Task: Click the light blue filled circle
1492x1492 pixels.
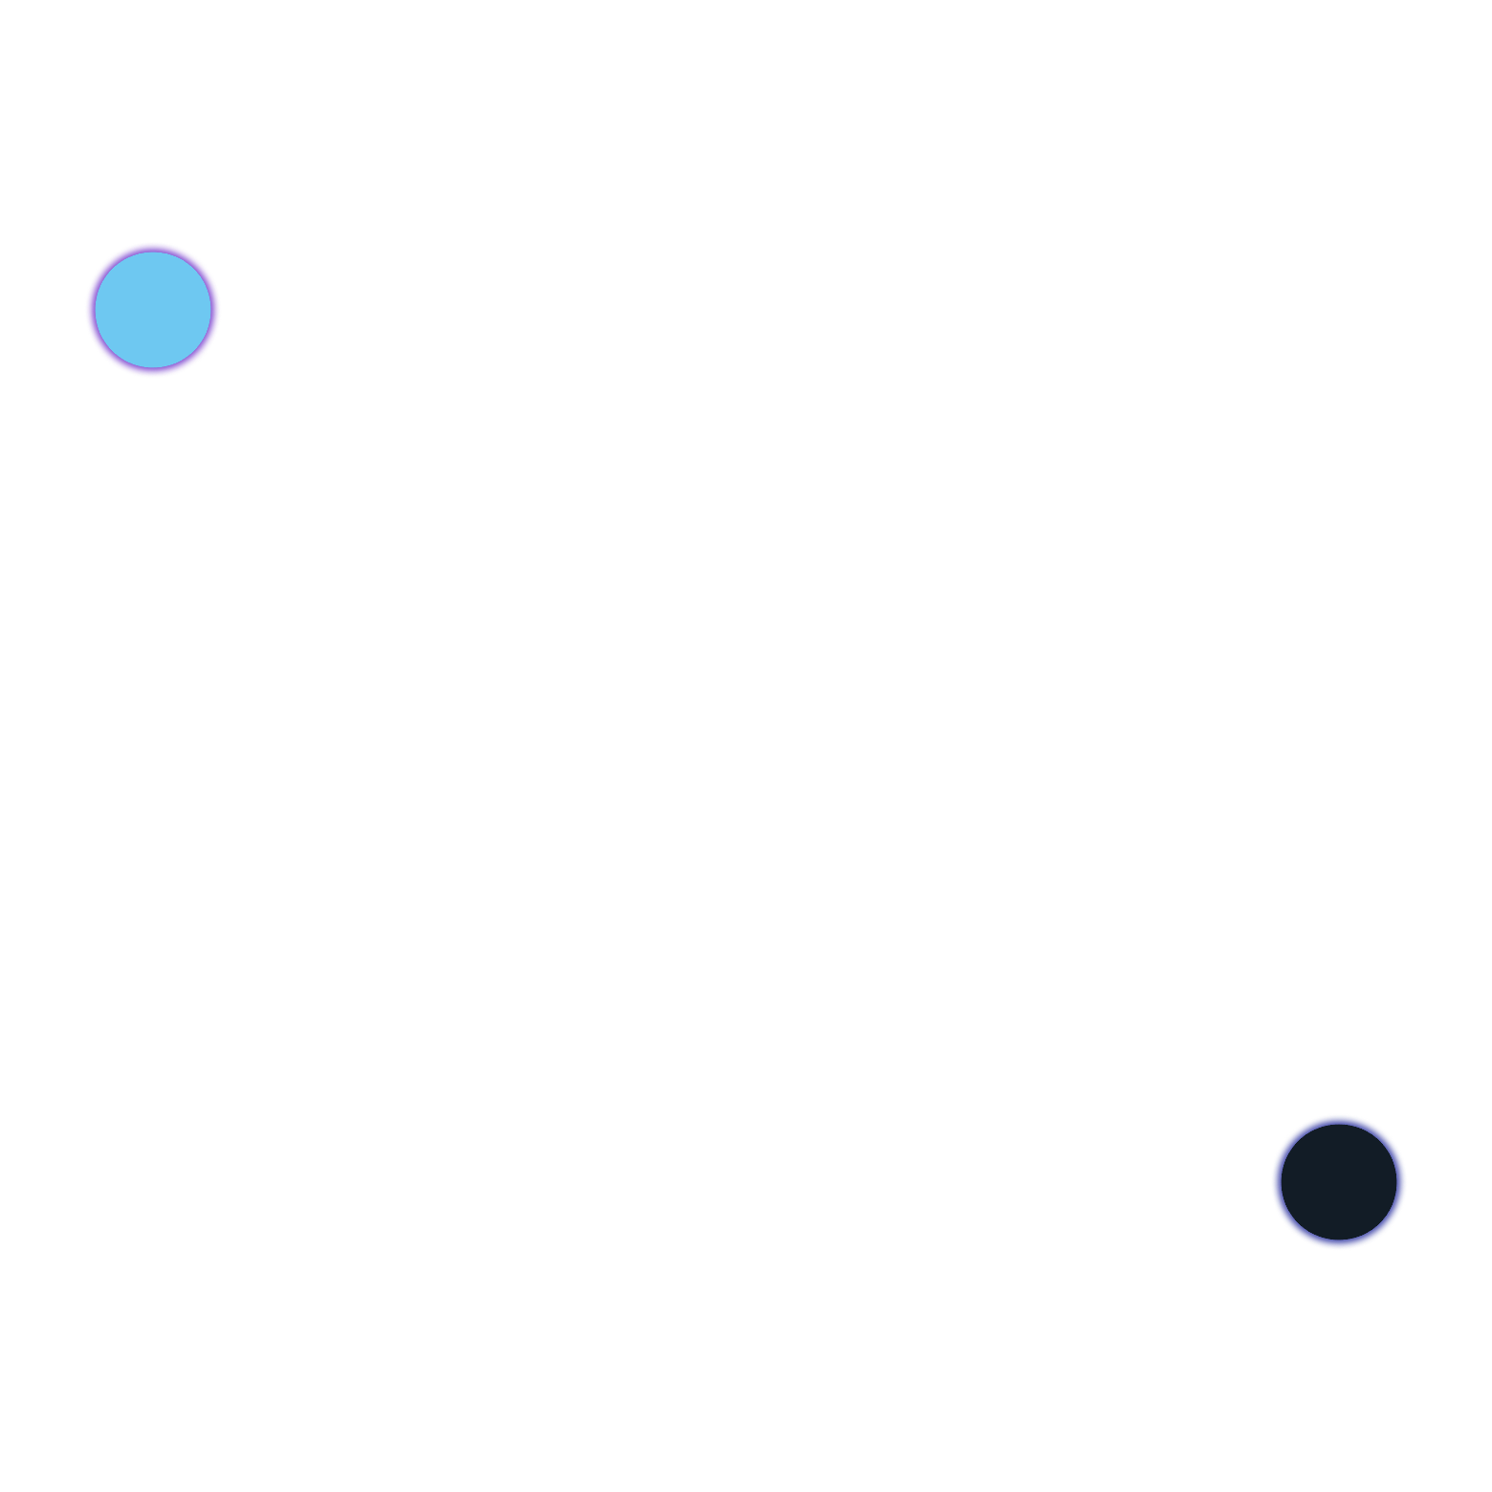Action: pyautogui.click(x=153, y=310)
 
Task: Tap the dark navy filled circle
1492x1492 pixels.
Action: pyautogui.click(x=1339, y=1182)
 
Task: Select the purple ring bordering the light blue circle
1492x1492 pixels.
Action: pyautogui.click(x=90, y=310)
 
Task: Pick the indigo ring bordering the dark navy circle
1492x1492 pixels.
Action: pyautogui.click(x=1276, y=1182)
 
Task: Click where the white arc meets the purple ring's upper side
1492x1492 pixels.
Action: pyautogui.click(x=191, y=252)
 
